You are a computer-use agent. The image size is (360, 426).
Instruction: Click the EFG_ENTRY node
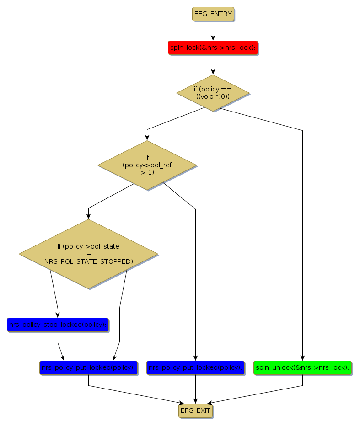pos(213,14)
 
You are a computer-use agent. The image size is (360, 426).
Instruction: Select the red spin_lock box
pos(213,48)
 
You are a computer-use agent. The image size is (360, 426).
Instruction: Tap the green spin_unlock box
pos(302,367)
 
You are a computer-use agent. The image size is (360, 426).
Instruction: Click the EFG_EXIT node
pos(195,410)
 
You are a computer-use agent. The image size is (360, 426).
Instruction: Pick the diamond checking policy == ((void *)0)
pos(213,93)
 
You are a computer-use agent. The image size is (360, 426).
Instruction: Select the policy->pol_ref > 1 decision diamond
pos(147,165)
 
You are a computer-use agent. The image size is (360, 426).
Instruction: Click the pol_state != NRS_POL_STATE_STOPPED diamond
pos(88,254)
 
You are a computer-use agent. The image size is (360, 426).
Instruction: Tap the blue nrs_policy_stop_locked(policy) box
pos(58,325)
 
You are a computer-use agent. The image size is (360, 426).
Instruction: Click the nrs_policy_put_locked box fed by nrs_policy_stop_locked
pos(88,367)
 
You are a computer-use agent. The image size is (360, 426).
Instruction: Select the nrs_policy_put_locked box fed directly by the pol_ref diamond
pos(195,367)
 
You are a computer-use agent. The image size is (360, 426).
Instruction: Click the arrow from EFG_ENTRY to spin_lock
pos(213,31)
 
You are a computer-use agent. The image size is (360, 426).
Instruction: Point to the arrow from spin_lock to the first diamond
pos(213,64)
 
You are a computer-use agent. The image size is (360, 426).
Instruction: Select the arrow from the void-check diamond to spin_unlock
pos(302,229)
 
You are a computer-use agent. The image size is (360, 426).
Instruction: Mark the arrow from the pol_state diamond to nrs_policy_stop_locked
pos(54,293)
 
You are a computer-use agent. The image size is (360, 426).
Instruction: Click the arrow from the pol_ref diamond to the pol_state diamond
pos(110,198)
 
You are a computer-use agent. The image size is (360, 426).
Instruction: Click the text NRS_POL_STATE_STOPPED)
pos(88,261)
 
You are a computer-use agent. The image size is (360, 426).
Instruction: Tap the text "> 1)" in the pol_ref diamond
pos(147,172)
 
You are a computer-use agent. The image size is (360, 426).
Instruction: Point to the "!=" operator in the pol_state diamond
pos(88,254)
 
